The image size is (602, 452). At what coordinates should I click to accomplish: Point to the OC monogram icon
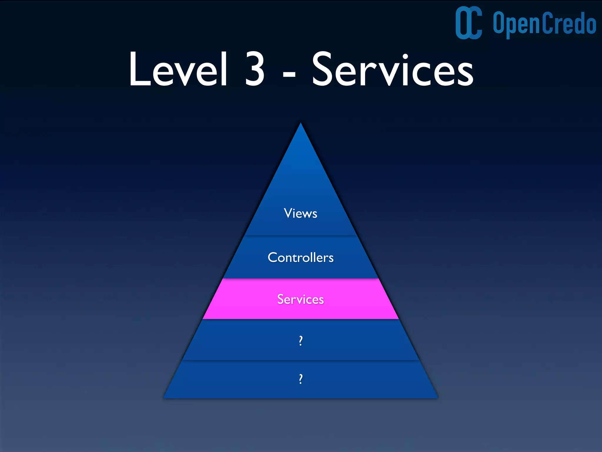pos(469,23)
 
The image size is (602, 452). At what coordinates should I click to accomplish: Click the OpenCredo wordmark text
pos(544,24)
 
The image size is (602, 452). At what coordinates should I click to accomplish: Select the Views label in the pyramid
pos(300,213)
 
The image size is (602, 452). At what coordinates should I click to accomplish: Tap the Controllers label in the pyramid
pos(300,257)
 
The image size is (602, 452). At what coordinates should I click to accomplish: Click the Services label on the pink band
pos(300,299)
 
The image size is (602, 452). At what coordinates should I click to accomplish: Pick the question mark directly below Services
pos(300,341)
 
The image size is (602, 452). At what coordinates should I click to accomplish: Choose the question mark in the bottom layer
pos(300,379)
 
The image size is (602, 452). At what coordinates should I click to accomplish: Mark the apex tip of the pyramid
pos(300,124)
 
